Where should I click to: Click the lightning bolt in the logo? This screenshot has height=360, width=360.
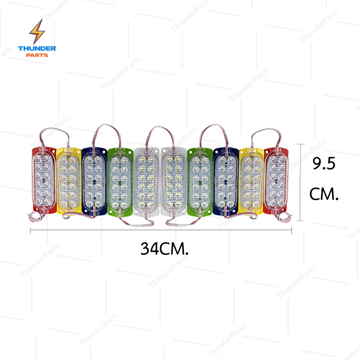tap(37, 32)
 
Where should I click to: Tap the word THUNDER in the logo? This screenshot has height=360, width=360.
tap(37, 49)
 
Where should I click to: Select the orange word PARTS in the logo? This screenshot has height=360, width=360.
tap(37, 55)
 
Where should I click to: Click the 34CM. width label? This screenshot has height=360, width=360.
tap(165, 249)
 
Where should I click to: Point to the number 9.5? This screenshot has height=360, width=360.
tap(324, 163)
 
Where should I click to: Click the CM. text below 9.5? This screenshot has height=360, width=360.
tap(324, 194)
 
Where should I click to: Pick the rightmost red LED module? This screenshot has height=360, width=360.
tap(276, 181)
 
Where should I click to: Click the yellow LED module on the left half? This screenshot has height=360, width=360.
tap(69, 180)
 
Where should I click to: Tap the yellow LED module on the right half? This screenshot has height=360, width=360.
tap(251, 181)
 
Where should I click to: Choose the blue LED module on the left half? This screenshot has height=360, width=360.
tap(94, 181)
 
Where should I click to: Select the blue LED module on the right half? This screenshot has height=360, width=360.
tap(226, 181)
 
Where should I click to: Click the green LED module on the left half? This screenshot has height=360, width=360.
tap(120, 182)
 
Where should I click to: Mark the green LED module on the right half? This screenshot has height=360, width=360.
tap(200, 182)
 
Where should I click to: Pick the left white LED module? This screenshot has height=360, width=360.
tap(147, 181)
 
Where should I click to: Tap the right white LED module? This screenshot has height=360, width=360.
tap(174, 181)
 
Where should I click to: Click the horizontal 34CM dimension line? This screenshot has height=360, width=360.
tap(161, 230)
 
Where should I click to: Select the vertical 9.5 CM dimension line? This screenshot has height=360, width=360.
tap(300, 182)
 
